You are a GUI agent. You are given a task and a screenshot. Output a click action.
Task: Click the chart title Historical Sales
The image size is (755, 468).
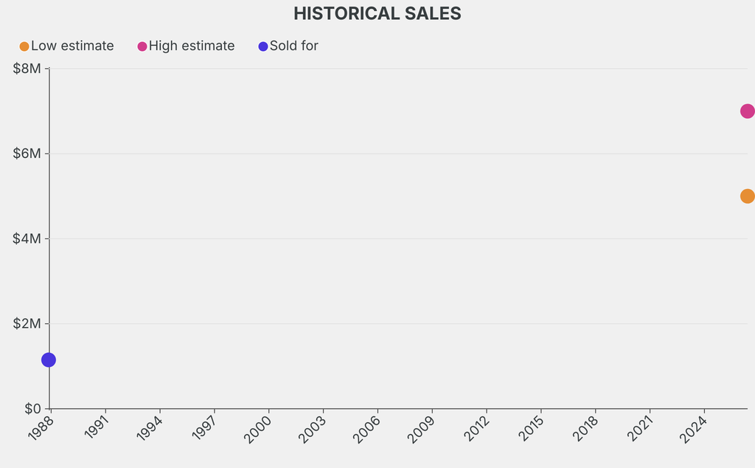coord(377,14)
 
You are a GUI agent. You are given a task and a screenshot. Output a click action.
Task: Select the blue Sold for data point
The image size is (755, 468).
coord(49,359)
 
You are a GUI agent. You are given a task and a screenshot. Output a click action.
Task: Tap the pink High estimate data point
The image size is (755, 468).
coord(747,111)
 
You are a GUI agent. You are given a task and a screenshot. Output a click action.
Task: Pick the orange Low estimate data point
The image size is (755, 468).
coord(747,196)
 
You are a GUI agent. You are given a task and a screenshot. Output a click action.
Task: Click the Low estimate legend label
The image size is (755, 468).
coord(72,46)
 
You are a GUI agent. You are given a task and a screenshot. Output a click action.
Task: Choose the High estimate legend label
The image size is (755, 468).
coord(192,46)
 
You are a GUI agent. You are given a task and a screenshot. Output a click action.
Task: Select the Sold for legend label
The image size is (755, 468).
coord(293,46)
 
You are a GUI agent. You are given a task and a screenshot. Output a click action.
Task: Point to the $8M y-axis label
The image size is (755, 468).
coord(28,69)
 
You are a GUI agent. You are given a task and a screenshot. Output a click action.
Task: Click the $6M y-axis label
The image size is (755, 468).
coord(28,154)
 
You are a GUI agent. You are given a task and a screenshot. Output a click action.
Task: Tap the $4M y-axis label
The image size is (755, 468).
coord(28,238)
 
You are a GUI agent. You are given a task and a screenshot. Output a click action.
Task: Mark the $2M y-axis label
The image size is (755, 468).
coord(28,323)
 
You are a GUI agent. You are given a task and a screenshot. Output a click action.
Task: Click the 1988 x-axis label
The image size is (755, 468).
coord(41,428)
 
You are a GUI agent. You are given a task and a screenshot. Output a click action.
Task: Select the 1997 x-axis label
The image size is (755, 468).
coord(204,428)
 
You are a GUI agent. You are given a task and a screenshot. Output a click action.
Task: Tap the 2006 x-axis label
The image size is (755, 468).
coord(368,428)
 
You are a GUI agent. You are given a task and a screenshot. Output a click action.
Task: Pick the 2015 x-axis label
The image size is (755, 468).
coord(532,428)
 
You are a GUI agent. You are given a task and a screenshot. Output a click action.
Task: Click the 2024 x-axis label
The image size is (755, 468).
coord(695,428)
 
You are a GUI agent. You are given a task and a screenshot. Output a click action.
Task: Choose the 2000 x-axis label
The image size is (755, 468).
coord(259,428)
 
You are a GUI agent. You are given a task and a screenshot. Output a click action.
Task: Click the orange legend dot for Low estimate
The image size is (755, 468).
coord(24,47)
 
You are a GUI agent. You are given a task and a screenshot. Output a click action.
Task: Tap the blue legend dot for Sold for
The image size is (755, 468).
coord(263,47)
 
